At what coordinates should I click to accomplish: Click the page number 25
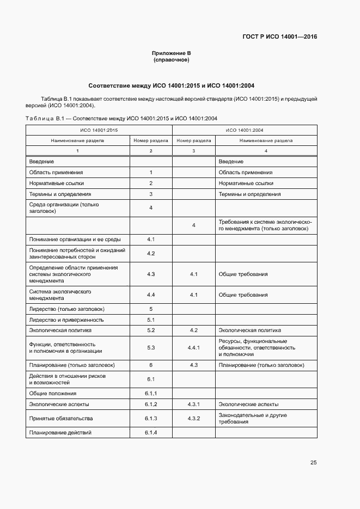(313, 463)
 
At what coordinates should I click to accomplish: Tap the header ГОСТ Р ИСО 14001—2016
(279, 37)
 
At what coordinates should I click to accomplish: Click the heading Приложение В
(171, 53)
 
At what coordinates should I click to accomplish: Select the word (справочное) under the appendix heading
(171, 60)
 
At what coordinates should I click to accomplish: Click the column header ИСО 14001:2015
(99, 130)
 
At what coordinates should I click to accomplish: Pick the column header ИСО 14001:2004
(245, 130)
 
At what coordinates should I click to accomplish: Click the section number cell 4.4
(151, 295)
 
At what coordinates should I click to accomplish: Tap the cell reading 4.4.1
(194, 347)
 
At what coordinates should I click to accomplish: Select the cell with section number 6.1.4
(151, 432)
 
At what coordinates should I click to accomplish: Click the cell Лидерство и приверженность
(66, 320)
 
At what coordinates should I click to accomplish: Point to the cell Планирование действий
(60, 432)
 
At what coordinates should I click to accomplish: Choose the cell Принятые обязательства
(61, 419)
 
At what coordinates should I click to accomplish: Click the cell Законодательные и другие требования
(253, 419)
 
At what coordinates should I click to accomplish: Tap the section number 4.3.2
(194, 419)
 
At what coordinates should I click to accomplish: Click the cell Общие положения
(53, 393)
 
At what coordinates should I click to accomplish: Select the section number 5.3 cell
(151, 347)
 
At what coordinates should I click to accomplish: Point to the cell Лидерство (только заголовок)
(66, 309)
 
